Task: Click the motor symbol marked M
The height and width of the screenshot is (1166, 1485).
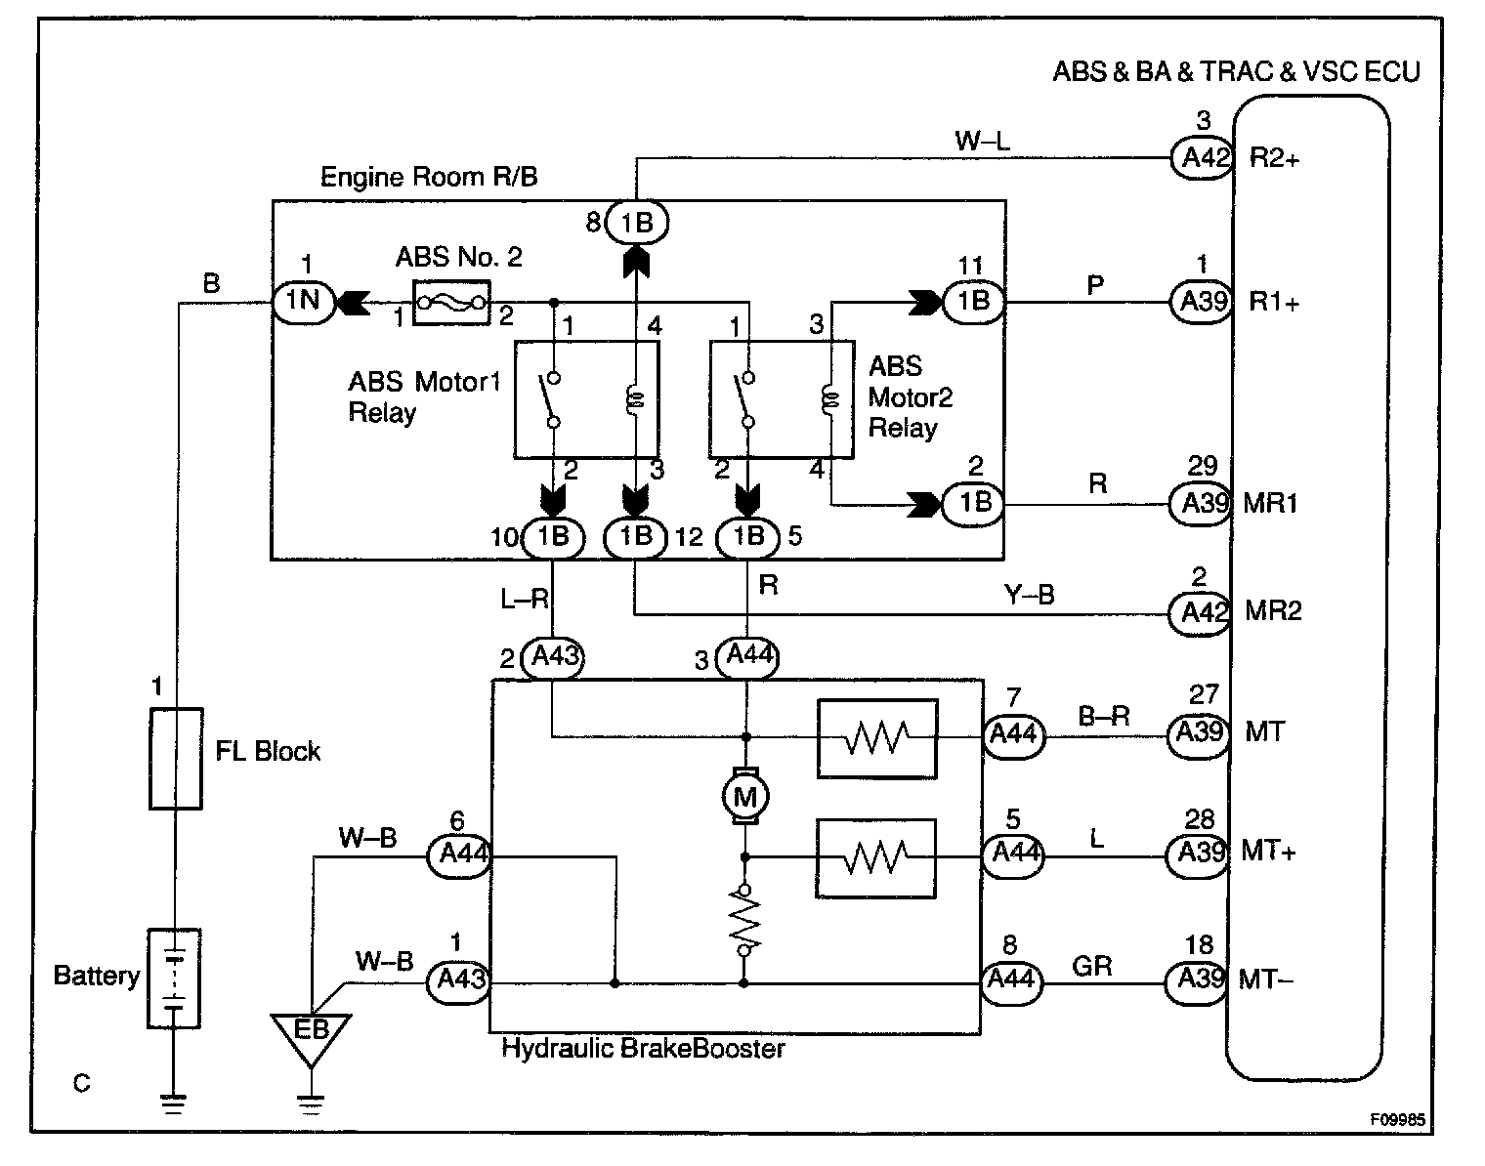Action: click(x=745, y=797)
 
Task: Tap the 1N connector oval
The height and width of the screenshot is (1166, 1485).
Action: click(x=303, y=300)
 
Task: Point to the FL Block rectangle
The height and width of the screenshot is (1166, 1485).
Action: click(x=176, y=759)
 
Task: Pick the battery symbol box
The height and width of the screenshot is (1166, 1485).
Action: click(x=174, y=978)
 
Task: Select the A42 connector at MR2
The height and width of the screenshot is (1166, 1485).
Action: click(x=1200, y=612)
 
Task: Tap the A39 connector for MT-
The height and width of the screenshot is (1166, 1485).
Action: click(x=1196, y=979)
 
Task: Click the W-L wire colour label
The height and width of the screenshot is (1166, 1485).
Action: click(x=983, y=142)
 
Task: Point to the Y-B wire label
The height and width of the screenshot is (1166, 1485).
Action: click(x=1029, y=594)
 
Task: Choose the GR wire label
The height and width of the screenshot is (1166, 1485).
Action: click(x=1091, y=966)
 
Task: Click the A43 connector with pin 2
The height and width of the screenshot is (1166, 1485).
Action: click(x=554, y=657)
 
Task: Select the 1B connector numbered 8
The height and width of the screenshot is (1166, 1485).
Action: click(x=636, y=224)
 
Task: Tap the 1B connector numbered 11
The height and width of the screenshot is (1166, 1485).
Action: click(x=973, y=302)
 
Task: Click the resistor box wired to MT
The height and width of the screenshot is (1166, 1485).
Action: click(x=876, y=738)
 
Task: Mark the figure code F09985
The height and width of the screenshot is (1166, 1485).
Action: click(x=1396, y=1120)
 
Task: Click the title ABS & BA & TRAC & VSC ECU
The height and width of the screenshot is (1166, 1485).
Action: click(x=1236, y=72)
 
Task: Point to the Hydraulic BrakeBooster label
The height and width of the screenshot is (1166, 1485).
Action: click(x=643, y=1049)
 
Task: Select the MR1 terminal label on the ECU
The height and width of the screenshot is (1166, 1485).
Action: click(x=1271, y=504)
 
